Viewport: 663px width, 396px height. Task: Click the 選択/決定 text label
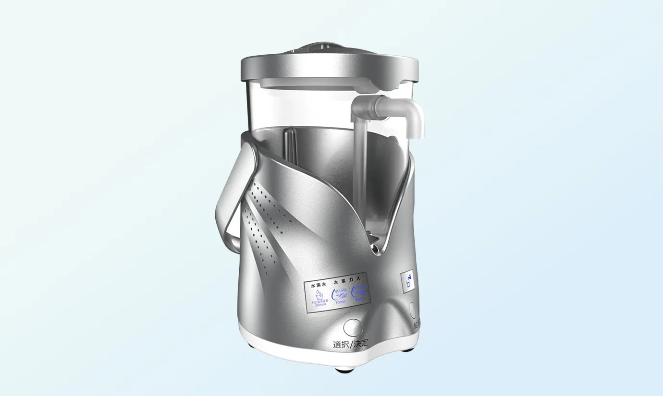coord(351,344)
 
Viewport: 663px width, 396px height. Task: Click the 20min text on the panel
coord(319,305)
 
